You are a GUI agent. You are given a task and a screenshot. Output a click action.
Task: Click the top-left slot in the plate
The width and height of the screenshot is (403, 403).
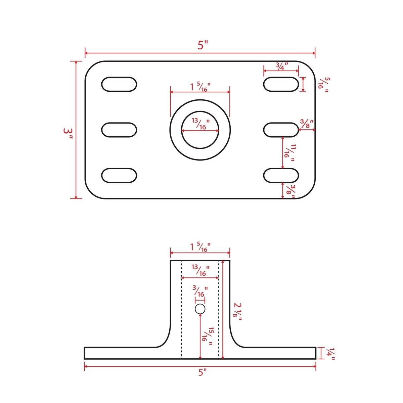tap(119, 84)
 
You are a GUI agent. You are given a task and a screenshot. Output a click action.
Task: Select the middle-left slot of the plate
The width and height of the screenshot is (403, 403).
tap(119, 130)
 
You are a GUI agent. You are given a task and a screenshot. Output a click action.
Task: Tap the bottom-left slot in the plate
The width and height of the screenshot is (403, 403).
tap(119, 176)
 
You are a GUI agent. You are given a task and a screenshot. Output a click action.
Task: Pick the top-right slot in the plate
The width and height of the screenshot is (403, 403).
tap(281, 84)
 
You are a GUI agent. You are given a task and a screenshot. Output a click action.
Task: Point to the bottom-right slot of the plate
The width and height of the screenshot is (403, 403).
tap(281, 176)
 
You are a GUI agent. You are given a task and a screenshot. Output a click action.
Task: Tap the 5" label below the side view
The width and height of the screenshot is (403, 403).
tap(201, 372)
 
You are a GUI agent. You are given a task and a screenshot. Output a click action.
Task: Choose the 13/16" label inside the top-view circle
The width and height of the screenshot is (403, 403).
tap(200, 124)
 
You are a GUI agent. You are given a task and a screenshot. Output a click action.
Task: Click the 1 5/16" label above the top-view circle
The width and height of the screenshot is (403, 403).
tap(200, 87)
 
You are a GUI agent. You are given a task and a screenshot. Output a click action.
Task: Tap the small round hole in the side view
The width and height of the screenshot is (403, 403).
tap(200, 309)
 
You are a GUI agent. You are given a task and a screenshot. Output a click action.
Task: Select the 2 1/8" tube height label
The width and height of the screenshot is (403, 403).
tap(238, 312)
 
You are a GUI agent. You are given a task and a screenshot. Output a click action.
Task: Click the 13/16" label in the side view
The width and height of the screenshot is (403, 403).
tap(200, 270)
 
